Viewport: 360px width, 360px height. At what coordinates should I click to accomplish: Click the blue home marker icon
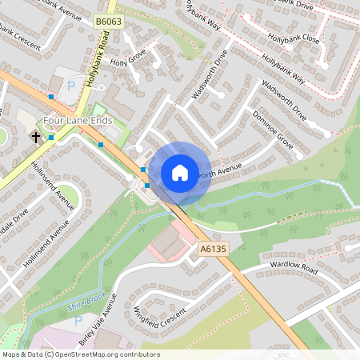tap(180, 173)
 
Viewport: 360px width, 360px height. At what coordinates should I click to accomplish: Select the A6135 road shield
tap(211, 250)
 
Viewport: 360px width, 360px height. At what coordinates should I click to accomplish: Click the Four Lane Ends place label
tap(78, 121)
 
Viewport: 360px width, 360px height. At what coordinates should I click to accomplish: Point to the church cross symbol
tap(36, 138)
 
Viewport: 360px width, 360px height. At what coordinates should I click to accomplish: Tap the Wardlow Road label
tap(294, 270)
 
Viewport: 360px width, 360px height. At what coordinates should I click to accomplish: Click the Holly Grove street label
tap(128, 58)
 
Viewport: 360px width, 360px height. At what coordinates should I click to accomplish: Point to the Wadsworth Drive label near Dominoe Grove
tap(284, 96)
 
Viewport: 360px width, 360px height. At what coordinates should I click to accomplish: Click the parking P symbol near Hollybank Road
tap(70, 86)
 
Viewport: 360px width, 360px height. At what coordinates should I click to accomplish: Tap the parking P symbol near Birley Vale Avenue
tap(78, 322)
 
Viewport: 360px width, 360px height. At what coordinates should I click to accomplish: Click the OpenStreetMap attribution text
tap(80, 354)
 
